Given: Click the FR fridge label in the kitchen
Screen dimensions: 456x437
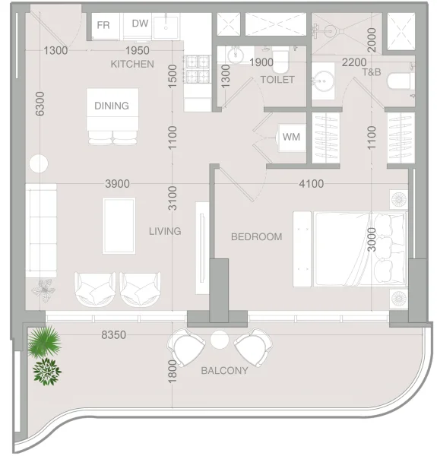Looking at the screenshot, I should [x=103, y=24].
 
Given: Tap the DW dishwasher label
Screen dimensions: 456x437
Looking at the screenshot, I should [x=140, y=24].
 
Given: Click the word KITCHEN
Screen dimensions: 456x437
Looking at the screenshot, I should [x=132, y=64].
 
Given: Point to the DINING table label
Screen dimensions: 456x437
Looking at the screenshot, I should [x=112, y=106].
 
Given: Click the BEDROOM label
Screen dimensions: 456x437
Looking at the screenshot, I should [x=256, y=236].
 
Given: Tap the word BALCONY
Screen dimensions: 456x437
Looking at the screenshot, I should [x=224, y=370].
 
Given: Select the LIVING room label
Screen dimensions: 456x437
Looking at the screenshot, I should [x=165, y=231].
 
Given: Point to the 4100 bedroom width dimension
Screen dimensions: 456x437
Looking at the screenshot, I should [x=311, y=183].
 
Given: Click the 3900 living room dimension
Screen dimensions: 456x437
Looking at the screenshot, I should [x=117, y=183].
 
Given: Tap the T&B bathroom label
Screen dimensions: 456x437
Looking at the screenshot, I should [x=372, y=72].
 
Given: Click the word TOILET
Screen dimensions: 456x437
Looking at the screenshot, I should [x=277, y=79].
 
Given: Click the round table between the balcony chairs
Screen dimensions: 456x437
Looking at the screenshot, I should [x=220, y=339].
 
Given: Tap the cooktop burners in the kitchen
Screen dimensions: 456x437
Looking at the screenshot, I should [x=198, y=69].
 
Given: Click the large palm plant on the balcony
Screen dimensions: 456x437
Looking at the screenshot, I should [x=44, y=341].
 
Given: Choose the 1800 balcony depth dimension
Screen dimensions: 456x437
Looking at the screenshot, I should [x=173, y=371].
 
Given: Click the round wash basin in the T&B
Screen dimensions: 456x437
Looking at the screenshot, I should [x=325, y=78].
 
